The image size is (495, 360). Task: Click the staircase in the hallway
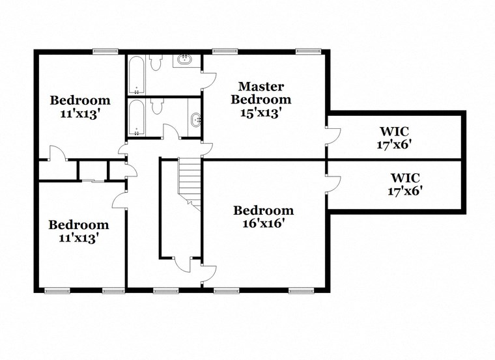coord(190,182)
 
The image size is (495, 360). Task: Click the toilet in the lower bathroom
coord(155,109)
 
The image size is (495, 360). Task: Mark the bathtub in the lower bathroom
coord(136,117)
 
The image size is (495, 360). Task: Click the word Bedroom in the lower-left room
coord(79,225)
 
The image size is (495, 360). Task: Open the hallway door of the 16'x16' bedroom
coord(210,274)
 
